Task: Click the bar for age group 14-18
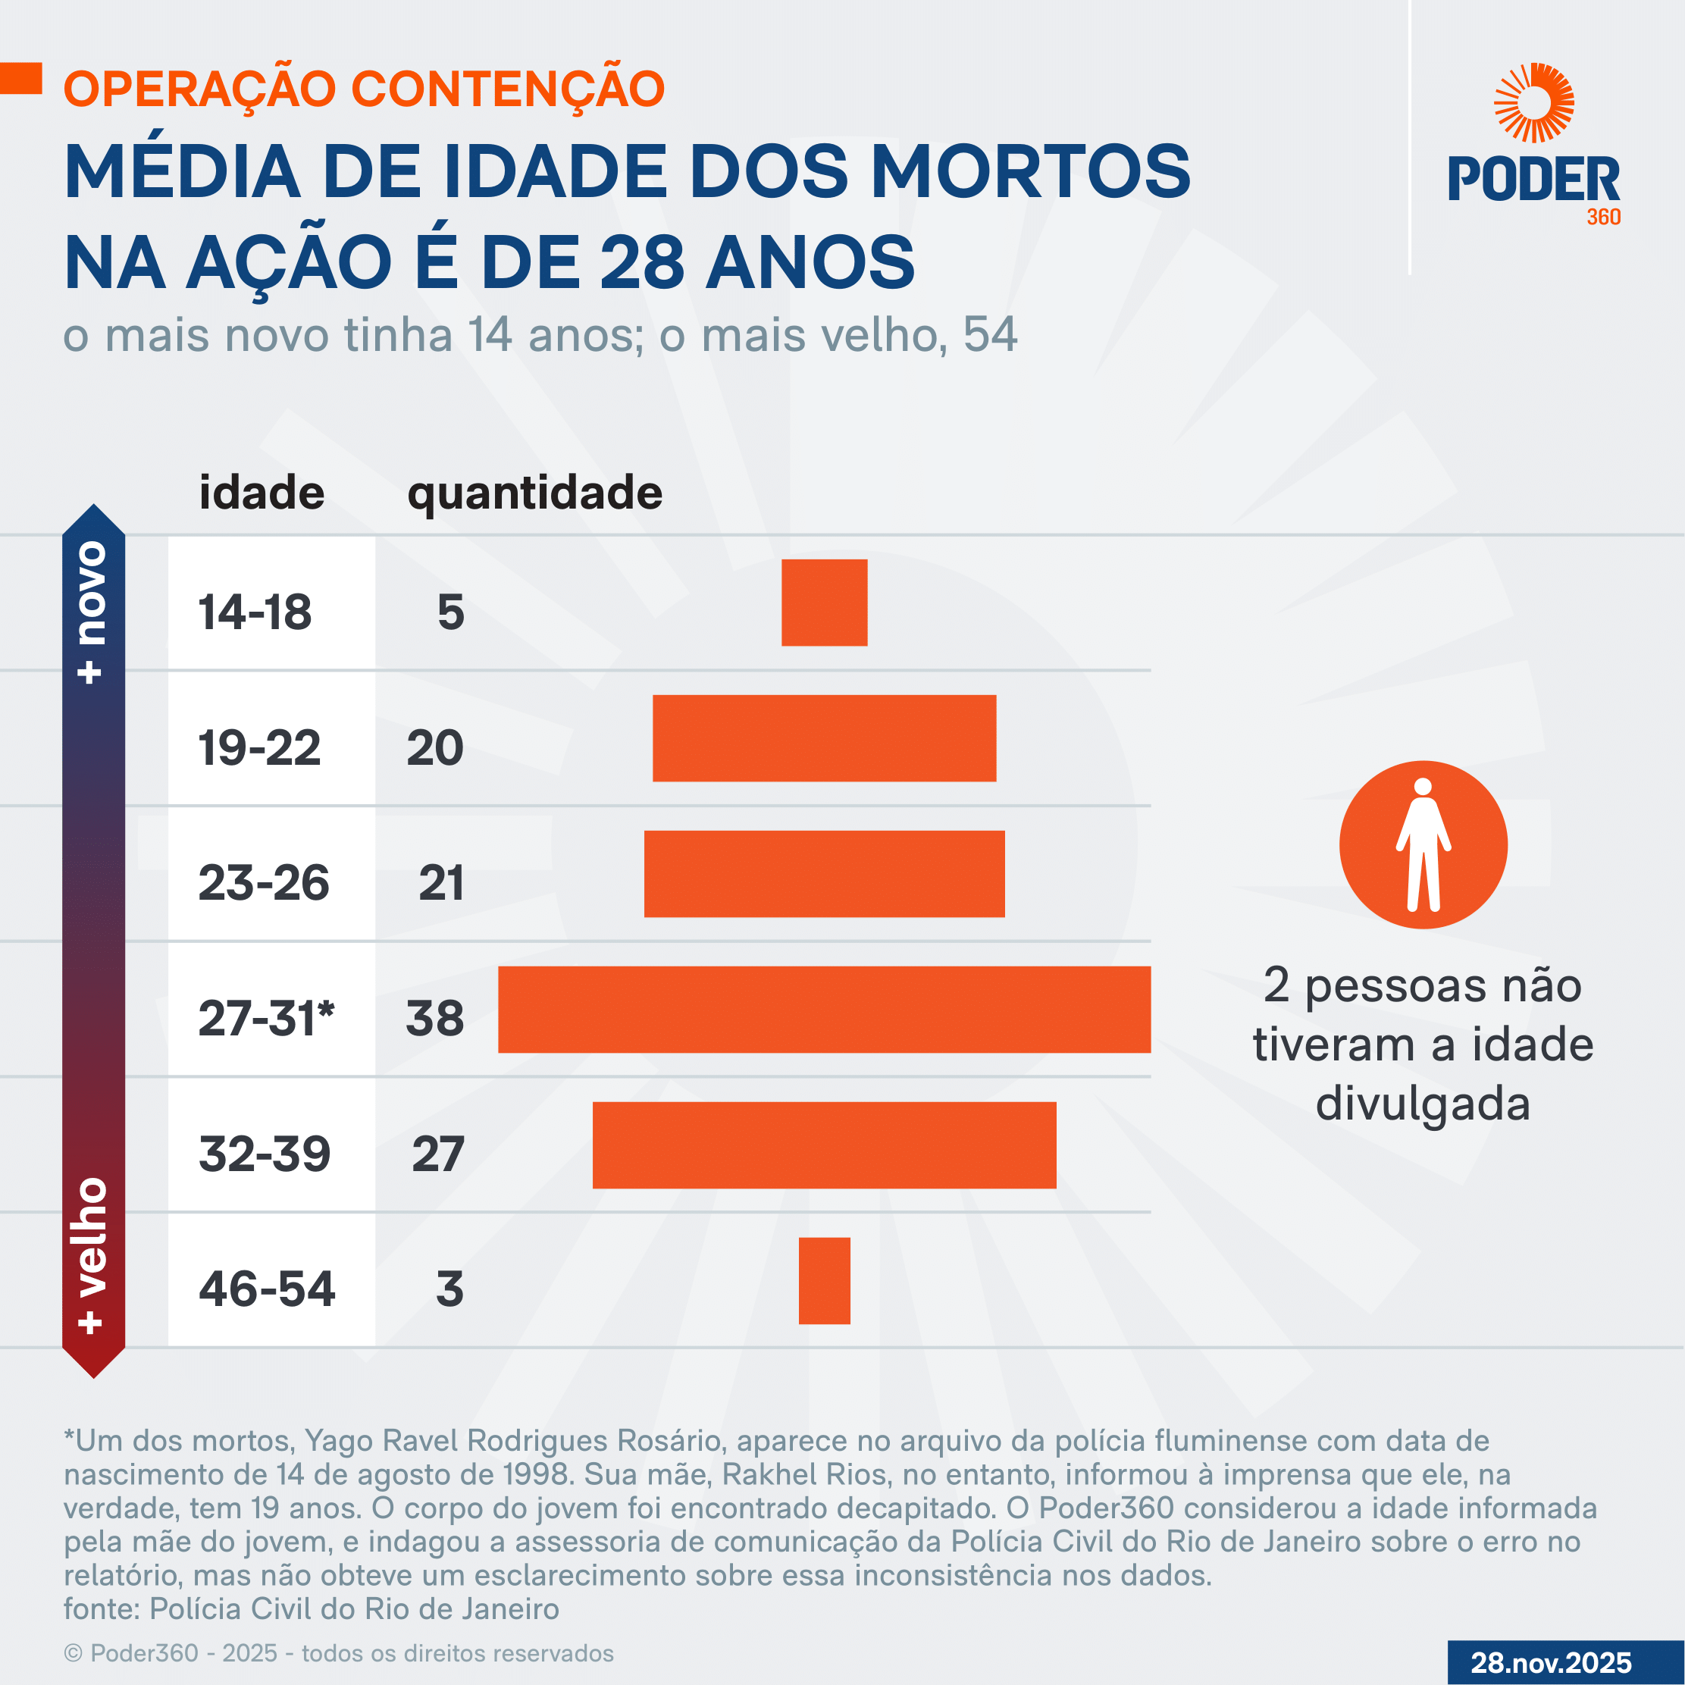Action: tap(824, 603)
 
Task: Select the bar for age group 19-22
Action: tap(824, 738)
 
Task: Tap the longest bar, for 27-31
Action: tap(824, 1009)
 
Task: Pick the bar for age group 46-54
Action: tap(824, 1280)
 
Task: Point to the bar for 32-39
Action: tap(824, 1145)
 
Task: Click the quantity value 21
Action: tap(441, 882)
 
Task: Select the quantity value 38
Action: tap(435, 1018)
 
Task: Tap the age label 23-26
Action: tap(263, 882)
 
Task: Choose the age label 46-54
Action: tap(267, 1289)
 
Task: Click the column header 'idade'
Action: tap(262, 493)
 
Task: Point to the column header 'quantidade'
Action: tap(534, 493)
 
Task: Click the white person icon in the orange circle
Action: tap(1423, 844)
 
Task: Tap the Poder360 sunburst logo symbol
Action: tap(1533, 103)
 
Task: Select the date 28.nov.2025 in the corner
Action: tap(1551, 1662)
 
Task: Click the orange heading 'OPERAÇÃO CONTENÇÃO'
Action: tap(365, 89)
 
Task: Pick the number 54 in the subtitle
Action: tap(990, 335)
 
